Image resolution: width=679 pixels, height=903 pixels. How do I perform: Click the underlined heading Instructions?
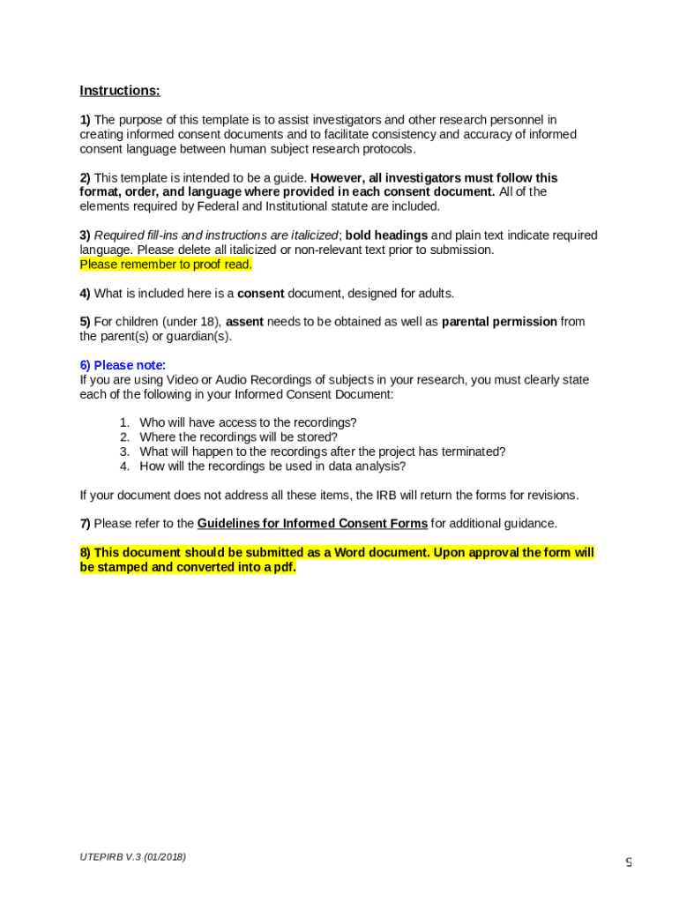[x=120, y=91]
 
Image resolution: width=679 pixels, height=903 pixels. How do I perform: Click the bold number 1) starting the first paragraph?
[x=85, y=120]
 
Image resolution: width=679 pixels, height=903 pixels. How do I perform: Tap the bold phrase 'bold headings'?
[x=386, y=235]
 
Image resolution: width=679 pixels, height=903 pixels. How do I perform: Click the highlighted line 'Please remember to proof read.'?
[x=166, y=265]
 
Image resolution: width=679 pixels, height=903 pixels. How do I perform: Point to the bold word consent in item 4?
[x=260, y=293]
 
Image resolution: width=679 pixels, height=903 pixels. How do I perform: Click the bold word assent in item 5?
[x=244, y=322]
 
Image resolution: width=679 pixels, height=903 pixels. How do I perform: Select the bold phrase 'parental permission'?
[x=499, y=322]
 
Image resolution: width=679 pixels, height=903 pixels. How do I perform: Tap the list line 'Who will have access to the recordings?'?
[x=248, y=422]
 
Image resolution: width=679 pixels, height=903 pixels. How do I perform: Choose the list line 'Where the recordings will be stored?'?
[x=238, y=437]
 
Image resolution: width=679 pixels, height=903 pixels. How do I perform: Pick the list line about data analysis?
[x=272, y=466]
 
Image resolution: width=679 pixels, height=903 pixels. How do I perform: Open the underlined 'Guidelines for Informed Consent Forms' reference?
[x=312, y=524]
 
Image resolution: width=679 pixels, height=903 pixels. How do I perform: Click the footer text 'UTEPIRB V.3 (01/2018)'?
[x=133, y=857]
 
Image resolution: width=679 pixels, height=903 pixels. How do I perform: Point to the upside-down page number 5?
[x=629, y=862]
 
